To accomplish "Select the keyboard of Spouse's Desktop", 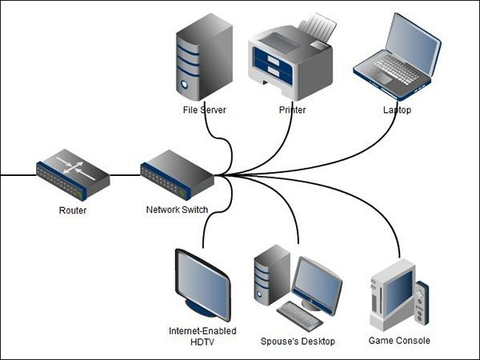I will click(x=301, y=315).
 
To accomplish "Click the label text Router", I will click(x=73, y=211).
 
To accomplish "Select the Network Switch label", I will click(x=177, y=210).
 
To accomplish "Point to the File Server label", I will click(x=205, y=110).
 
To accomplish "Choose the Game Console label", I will click(x=399, y=341).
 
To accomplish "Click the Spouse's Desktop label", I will click(x=298, y=342).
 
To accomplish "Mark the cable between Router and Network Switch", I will click(x=125, y=174).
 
